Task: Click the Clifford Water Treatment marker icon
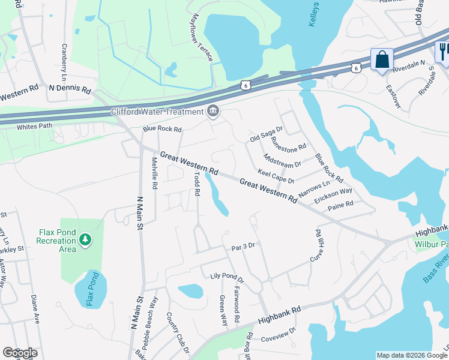pos(212,111)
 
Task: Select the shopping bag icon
pos(382,60)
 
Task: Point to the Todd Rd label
pos(196,184)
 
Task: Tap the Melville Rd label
pos(154,173)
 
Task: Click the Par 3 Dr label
pos(243,247)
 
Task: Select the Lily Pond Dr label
pos(228,278)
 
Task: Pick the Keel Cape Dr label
pos(276,176)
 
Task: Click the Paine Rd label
pos(340,205)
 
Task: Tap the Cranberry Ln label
pos(64,62)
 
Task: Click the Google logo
pos(19,353)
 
